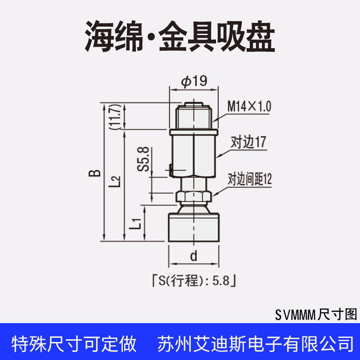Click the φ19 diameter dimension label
pos(194,81)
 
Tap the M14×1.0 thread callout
pos(249,106)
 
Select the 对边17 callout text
pos(248,142)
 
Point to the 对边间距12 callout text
pos(250,179)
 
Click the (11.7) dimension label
pos(115,117)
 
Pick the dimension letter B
pos(94,173)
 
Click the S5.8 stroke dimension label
pos(143,159)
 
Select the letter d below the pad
pos(194,256)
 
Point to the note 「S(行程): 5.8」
pos(194,280)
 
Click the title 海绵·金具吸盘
pos(180,36)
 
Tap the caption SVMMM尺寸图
pos(316,314)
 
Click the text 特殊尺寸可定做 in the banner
pos(74,344)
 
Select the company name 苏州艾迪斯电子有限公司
pos(256,344)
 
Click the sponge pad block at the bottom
pos(194,227)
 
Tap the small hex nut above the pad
pos(194,197)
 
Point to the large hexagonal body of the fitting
pos(194,156)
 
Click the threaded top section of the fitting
pos(193,116)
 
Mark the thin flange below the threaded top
pos(194,132)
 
